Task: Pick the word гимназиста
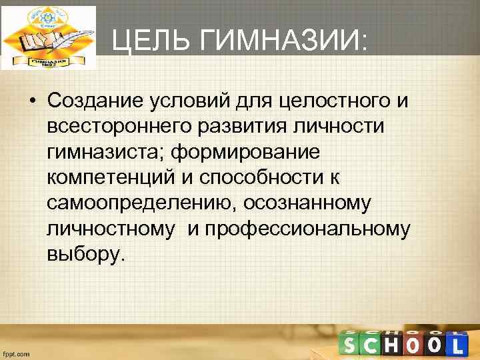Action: pyautogui.click(x=106, y=152)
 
